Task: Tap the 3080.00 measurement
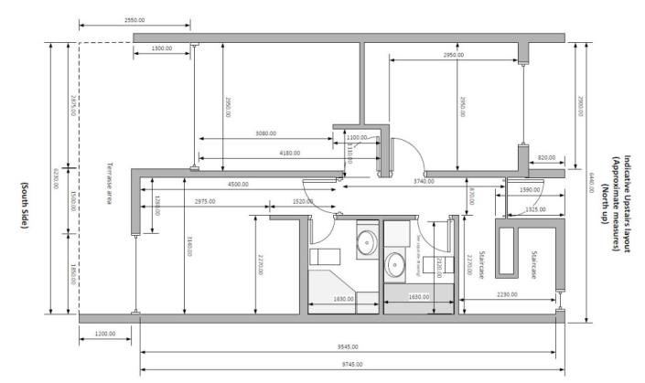click(266, 134)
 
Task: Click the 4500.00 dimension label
click(239, 184)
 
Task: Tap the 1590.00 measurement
click(529, 190)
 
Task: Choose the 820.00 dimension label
click(546, 158)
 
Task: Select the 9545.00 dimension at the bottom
click(347, 346)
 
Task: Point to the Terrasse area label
click(107, 182)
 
